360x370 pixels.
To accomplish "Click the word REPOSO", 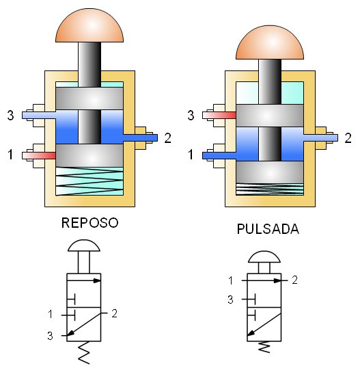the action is click(x=89, y=223).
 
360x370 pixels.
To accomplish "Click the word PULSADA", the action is click(x=268, y=229).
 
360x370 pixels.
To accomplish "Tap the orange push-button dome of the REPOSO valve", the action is click(x=89, y=25).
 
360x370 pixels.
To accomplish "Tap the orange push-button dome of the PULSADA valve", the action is click(x=270, y=42).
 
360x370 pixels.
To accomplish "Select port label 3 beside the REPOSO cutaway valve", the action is click(x=10, y=116).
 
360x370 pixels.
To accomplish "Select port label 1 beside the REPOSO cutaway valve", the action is click(x=10, y=155).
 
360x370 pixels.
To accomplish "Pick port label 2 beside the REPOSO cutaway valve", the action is click(x=167, y=138).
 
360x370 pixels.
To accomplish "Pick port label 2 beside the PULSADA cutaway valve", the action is click(x=348, y=138).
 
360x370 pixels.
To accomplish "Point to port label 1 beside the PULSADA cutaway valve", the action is click(x=191, y=155).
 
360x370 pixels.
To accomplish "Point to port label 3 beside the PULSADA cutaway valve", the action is click(x=191, y=116).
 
